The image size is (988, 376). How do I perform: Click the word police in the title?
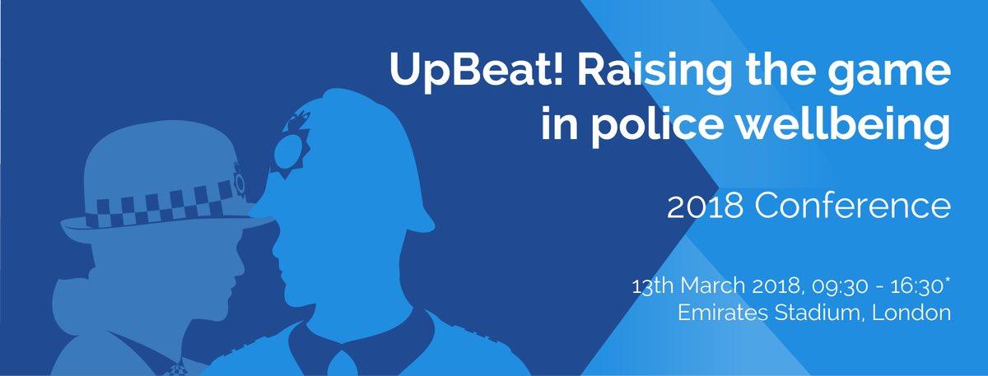coord(658,123)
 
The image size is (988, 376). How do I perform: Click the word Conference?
coord(853,206)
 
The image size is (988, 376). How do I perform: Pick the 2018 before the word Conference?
coord(705,207)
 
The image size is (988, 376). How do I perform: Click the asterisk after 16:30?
coord(947,280)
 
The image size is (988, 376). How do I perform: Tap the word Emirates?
coord(723,313)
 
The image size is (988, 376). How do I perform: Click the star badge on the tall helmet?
coord(289,147)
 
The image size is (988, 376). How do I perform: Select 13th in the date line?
coord(653,285)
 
